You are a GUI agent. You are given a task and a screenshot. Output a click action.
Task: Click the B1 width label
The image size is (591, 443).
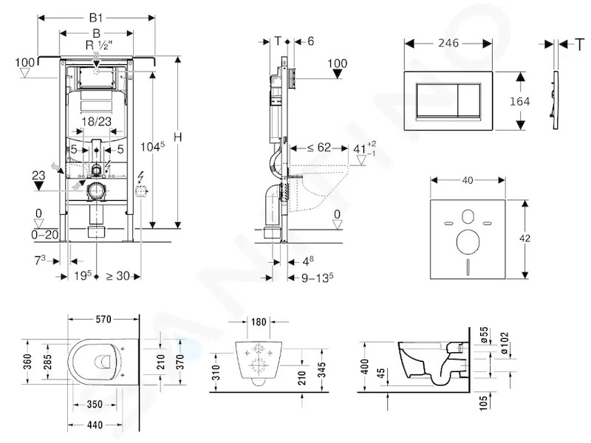96,18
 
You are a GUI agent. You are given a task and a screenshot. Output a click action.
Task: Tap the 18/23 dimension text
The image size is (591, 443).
97,121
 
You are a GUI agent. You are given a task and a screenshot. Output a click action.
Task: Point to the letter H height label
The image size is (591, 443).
178,137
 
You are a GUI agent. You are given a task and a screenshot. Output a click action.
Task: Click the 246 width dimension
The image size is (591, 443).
448,43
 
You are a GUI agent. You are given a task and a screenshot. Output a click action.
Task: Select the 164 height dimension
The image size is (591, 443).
520,101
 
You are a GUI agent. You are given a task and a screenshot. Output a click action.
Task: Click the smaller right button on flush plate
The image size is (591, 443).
469,100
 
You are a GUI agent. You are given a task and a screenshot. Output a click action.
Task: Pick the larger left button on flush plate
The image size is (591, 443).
437,100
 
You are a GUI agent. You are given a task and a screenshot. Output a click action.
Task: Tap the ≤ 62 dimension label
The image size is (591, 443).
319,147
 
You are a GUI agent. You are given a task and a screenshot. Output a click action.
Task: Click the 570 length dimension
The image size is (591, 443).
103,320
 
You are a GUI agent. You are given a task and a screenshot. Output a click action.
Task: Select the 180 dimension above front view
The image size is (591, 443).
258,322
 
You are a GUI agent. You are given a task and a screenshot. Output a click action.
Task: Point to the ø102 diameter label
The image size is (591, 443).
505,343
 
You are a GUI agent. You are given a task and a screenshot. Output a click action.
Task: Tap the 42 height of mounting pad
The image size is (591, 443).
525,238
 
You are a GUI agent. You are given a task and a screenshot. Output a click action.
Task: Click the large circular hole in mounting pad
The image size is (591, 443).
468,241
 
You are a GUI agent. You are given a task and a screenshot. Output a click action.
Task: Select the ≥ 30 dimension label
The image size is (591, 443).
118,276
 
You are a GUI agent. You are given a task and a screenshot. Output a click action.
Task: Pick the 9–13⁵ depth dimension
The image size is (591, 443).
318,278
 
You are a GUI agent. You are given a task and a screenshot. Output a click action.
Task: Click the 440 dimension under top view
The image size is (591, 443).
95,425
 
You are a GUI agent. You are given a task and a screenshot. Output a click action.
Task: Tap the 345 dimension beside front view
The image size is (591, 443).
322,370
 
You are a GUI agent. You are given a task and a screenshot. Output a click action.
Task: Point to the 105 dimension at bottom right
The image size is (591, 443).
483,402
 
